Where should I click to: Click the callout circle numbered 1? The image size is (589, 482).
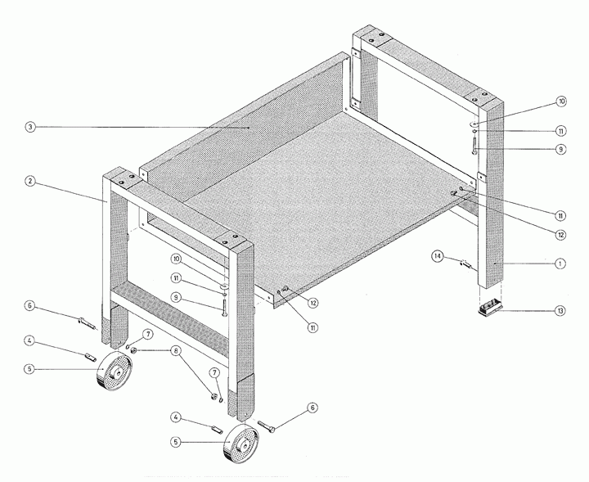coord(560,264)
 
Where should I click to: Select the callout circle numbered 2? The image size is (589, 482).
coord(30,182)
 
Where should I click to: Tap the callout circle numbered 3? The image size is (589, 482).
coord(30,127)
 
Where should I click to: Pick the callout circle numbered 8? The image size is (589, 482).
coord(176,351)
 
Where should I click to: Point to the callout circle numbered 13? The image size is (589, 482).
coord(560,311)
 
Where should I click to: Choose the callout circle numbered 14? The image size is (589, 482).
coord(437,257)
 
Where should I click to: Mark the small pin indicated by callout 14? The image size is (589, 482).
coord(465,264)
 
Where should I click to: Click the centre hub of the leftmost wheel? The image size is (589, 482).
coord(117,373)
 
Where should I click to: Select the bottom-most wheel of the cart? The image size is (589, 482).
coord(241,444)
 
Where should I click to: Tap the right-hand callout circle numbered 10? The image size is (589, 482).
coord(561,101)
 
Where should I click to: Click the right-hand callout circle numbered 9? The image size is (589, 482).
coord(560,149)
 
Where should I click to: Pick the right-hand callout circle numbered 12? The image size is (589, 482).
coord(560,235)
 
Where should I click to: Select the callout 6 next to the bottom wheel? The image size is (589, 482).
coord(312,408)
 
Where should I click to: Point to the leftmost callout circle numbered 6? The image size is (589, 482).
coord(30,306)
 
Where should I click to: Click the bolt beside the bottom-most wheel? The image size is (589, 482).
coord(266,426)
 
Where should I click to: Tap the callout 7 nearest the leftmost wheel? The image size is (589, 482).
coord(148,334)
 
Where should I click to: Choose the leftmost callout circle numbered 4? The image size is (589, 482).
coord(29,341)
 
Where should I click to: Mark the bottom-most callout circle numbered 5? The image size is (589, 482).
coord(176,442)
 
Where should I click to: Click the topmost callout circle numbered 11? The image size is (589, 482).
coord(560,131)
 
